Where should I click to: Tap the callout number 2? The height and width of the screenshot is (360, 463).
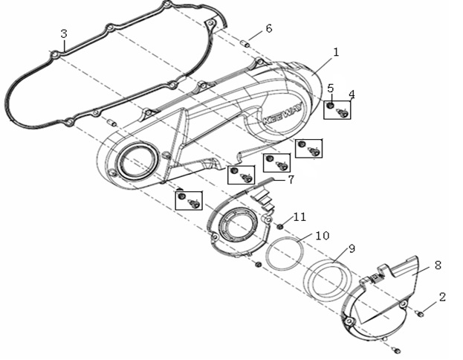pos(443,297)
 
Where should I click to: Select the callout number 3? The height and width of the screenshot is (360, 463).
pos(64,34)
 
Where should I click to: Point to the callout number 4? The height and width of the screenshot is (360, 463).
pos(352,94)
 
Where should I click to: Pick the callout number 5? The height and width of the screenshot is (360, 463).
pos(331,88)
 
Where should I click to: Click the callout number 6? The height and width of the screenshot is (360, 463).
pos(268,28)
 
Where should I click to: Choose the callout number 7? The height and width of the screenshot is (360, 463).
pos(291,179)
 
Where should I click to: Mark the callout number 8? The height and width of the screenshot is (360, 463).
pos(438,264)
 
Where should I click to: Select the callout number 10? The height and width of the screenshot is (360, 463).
pos(321,235)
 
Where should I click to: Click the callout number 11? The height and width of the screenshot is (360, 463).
pos(299,216)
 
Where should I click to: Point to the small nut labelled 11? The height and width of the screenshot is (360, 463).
pos(281,225)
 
